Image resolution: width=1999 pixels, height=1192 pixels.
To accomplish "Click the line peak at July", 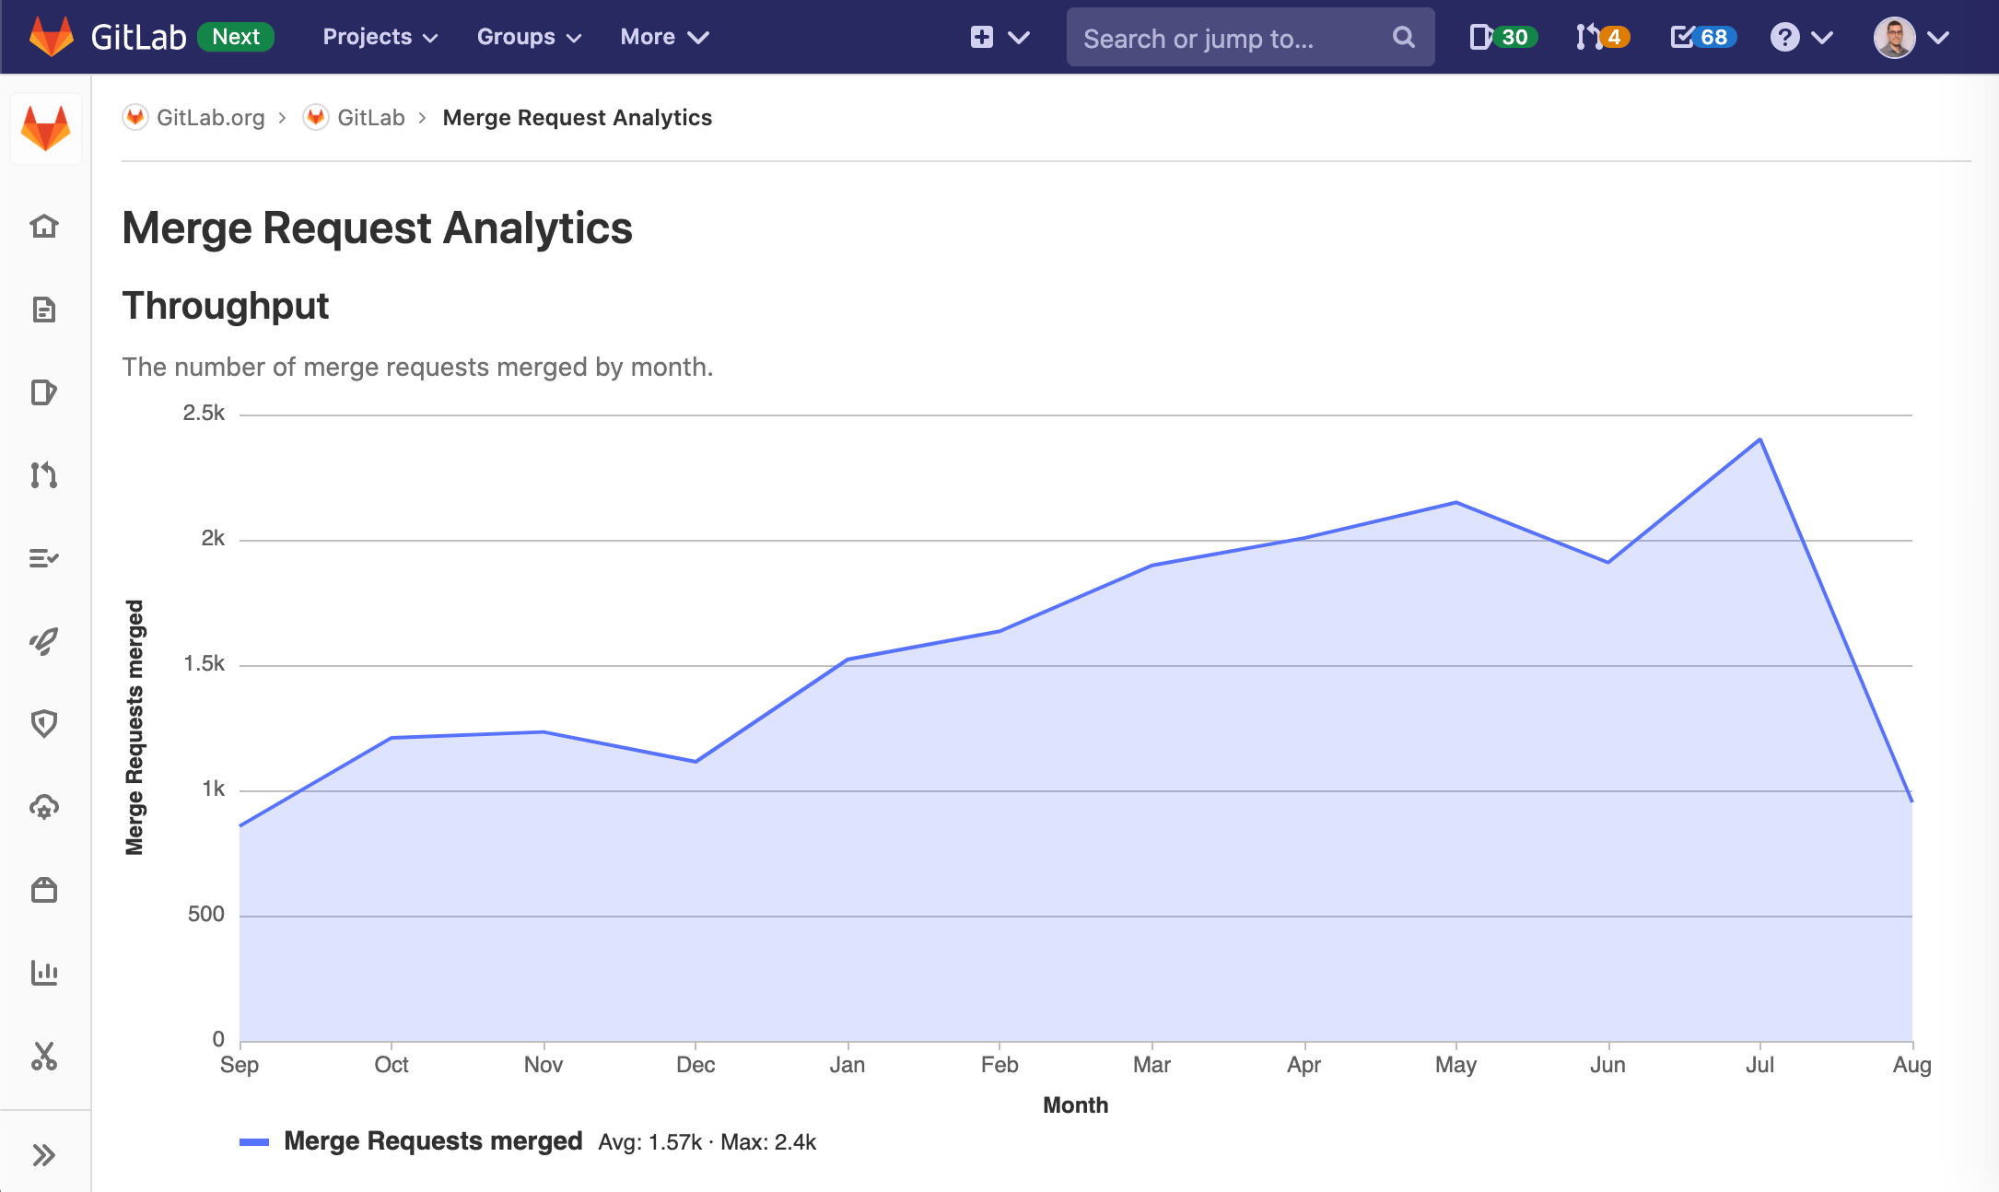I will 1759,439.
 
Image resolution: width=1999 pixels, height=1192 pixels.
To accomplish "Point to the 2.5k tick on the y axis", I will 204,414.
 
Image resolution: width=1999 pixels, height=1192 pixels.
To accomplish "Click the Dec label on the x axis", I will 696,1065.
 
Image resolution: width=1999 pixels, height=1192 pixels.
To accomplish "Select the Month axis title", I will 1075,1104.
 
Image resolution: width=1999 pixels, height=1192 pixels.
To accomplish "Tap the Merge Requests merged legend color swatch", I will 254,1142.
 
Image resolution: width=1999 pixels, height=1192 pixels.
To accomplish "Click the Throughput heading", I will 226,306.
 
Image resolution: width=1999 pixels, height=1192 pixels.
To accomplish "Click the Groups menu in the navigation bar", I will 529,37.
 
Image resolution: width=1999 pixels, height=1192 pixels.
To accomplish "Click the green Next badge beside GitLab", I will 236,37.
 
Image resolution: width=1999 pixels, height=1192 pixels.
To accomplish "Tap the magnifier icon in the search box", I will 1403,37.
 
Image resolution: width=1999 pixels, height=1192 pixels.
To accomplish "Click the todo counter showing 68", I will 1713,37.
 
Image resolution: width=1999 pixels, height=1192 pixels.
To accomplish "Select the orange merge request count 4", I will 1613,37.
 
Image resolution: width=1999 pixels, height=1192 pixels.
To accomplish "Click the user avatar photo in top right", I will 1894,37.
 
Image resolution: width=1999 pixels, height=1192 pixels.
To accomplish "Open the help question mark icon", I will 1784,37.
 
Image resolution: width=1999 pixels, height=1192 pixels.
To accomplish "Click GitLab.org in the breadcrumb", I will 210,118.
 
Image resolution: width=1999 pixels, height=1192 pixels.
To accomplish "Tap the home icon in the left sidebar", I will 44,226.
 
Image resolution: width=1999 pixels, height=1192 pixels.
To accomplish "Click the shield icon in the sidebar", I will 44,723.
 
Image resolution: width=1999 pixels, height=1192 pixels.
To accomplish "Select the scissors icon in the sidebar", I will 44,1056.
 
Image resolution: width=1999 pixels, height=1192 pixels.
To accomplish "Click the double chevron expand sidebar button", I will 44,1155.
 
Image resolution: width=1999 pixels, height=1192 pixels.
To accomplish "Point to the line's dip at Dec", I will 696,761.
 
